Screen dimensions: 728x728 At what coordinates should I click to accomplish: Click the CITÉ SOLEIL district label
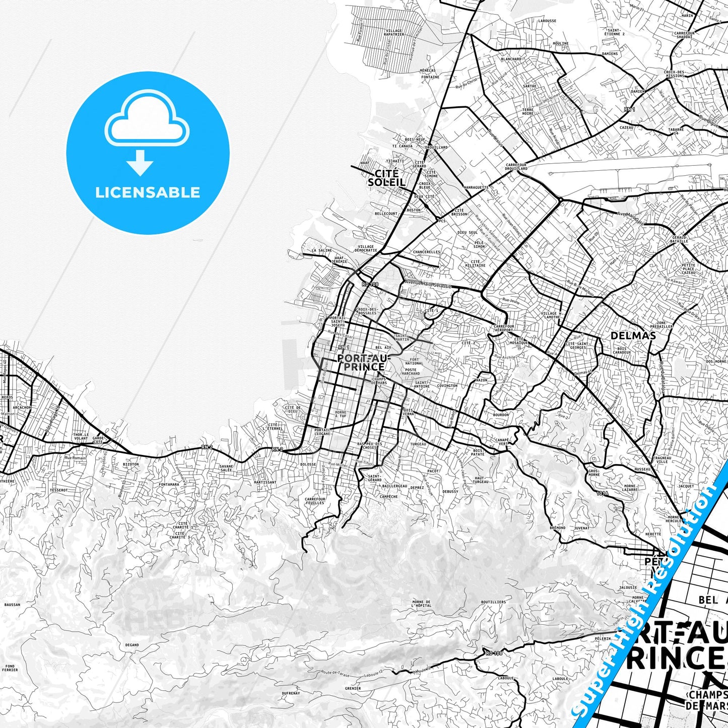click(x=386, y=178)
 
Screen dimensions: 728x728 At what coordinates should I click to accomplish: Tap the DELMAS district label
click(x=633, y=336)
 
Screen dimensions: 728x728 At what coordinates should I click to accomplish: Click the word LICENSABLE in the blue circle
click(x=148, y=192)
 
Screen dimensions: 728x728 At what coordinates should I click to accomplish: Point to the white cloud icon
click(x=147, y=119)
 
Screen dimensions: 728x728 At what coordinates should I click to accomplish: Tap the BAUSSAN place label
click(x=12, y=605)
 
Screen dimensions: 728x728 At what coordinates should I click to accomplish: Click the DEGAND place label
click(x=132, y=645)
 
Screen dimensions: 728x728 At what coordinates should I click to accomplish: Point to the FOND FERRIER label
click(x=10, y=668)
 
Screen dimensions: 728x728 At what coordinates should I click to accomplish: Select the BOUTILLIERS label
click(x=493, y=602)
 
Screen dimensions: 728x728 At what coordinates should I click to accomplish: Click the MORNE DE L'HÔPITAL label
click(x=421, y=604)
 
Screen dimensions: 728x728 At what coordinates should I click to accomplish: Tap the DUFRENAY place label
click(x=291, y=693)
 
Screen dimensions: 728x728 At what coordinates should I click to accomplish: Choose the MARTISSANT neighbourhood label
click(x=265, y=482)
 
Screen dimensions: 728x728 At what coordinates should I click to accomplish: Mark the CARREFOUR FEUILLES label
click(x=315, y=501)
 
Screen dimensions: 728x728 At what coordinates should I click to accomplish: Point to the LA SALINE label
click(x=322, y=250)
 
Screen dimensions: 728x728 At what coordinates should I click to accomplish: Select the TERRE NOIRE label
click(x=527, y=111)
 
